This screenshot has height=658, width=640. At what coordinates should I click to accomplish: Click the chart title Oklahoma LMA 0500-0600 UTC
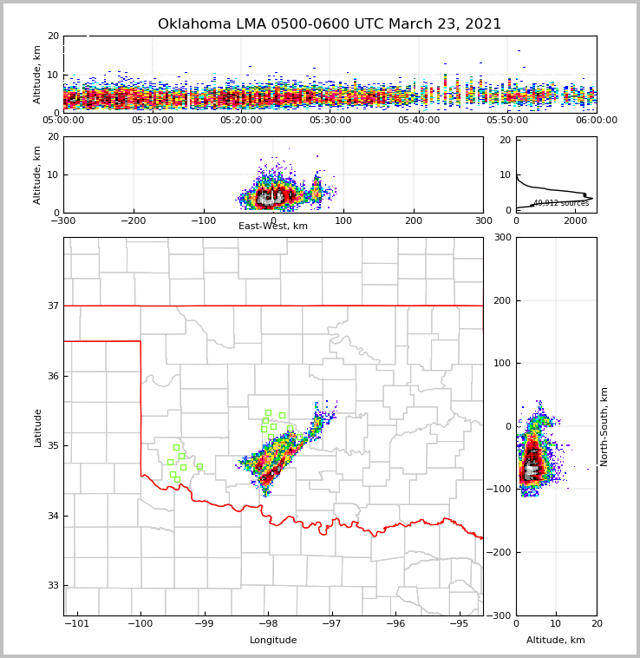[330, 24]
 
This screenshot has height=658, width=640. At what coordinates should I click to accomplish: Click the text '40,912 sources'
[561, 203]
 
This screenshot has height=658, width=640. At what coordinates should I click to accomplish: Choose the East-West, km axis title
[273, 227]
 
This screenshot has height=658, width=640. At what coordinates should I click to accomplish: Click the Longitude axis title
[273, 641]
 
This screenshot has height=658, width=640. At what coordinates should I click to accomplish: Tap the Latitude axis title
[38, 427]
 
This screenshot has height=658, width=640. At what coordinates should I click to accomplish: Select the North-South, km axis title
[604, 426]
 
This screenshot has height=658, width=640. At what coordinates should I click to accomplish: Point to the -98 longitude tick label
[268, 623]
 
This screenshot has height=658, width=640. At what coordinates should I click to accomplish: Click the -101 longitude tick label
[76, 623]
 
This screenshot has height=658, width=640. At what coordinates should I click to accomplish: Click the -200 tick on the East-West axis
[133, 220]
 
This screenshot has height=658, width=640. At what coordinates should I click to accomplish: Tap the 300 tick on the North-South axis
[501, 237]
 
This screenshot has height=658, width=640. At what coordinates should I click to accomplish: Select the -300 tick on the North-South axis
[500, 615]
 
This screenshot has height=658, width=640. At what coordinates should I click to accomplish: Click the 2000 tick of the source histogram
[575, 220]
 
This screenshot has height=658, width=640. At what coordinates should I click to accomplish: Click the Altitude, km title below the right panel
[556, 641]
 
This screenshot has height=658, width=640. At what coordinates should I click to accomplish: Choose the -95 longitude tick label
[459, 623]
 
